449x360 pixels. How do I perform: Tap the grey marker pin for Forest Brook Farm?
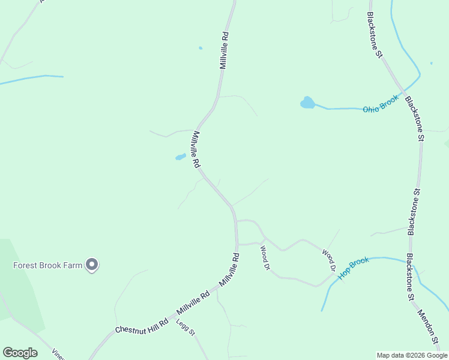coord(92,264)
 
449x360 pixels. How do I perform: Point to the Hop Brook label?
coord(353,268)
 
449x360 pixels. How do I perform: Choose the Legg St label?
coord(185,328)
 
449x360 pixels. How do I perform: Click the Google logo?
coord(20,352)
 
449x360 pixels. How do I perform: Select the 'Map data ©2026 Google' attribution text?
coord(412,355)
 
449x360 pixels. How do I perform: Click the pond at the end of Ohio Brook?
coord(307,103)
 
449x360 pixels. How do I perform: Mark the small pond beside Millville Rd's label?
coord(180,157)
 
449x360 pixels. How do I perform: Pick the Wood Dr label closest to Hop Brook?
coord(328,260)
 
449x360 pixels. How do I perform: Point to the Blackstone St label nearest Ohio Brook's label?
coord(415,119)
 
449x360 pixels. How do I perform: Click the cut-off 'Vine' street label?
coord(58,353)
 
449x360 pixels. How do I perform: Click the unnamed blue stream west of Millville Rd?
coord(30,79)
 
